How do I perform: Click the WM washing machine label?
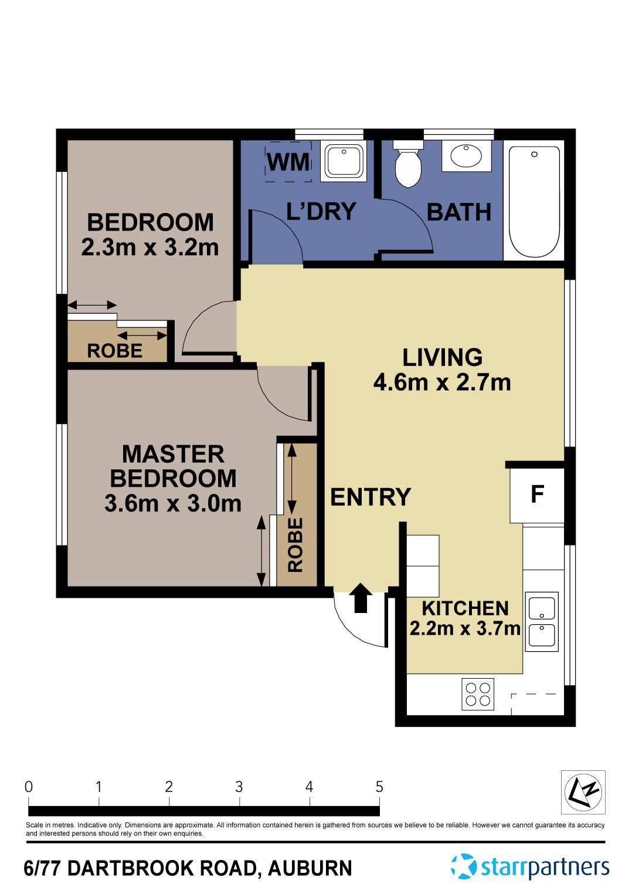tap(288, 161)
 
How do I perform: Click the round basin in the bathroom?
tap(466, 156)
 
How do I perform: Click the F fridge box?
tap(537, 495)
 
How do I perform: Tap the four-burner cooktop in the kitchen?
tap(478, 694)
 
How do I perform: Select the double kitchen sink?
tap(542, 622)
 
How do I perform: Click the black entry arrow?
tap(361, 598)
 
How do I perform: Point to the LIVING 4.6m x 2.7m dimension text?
tap(442, 382)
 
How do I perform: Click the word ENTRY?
tap(371, 497)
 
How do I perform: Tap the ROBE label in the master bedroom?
tap(295, 545)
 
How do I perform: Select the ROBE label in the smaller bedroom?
tap(115, 351)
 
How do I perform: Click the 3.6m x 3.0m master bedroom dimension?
tap(173, 503)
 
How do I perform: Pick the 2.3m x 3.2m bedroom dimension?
tap(150, 247)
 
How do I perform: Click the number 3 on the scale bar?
tap(239, 787)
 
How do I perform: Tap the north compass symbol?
tap(583, 793)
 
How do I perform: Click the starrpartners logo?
tap(530, 866)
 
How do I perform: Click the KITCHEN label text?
tap(465, 608)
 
